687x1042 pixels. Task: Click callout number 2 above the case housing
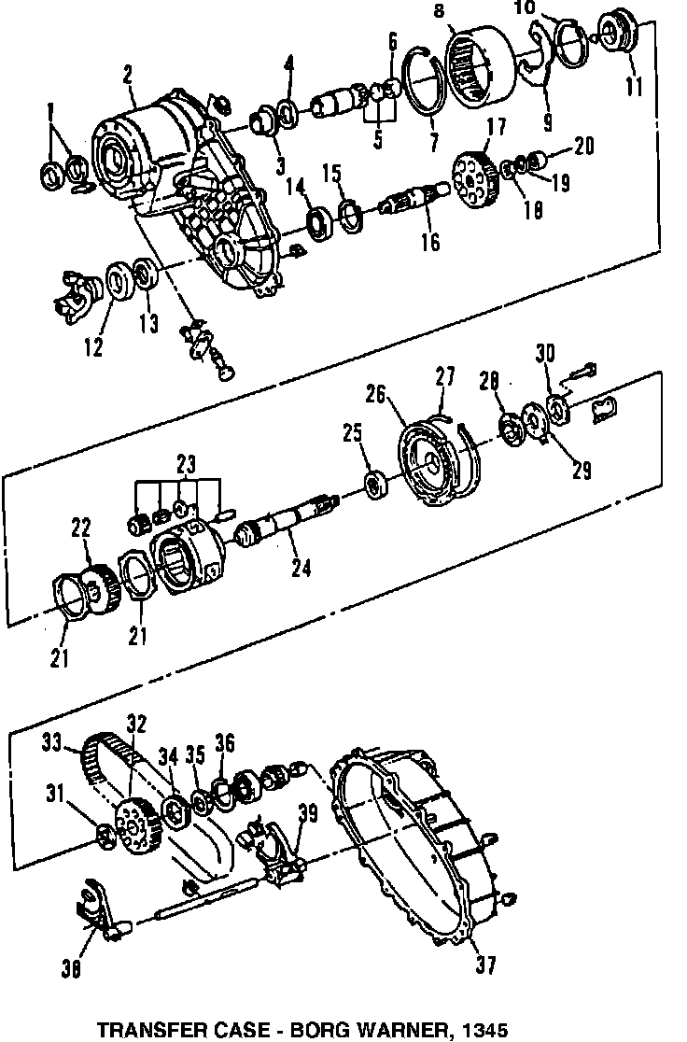126,75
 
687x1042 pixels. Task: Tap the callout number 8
440,11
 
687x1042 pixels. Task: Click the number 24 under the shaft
301,567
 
